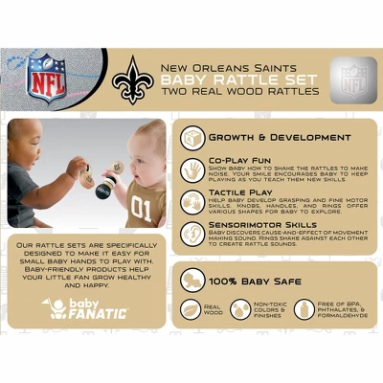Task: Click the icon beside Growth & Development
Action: pos(194,137)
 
